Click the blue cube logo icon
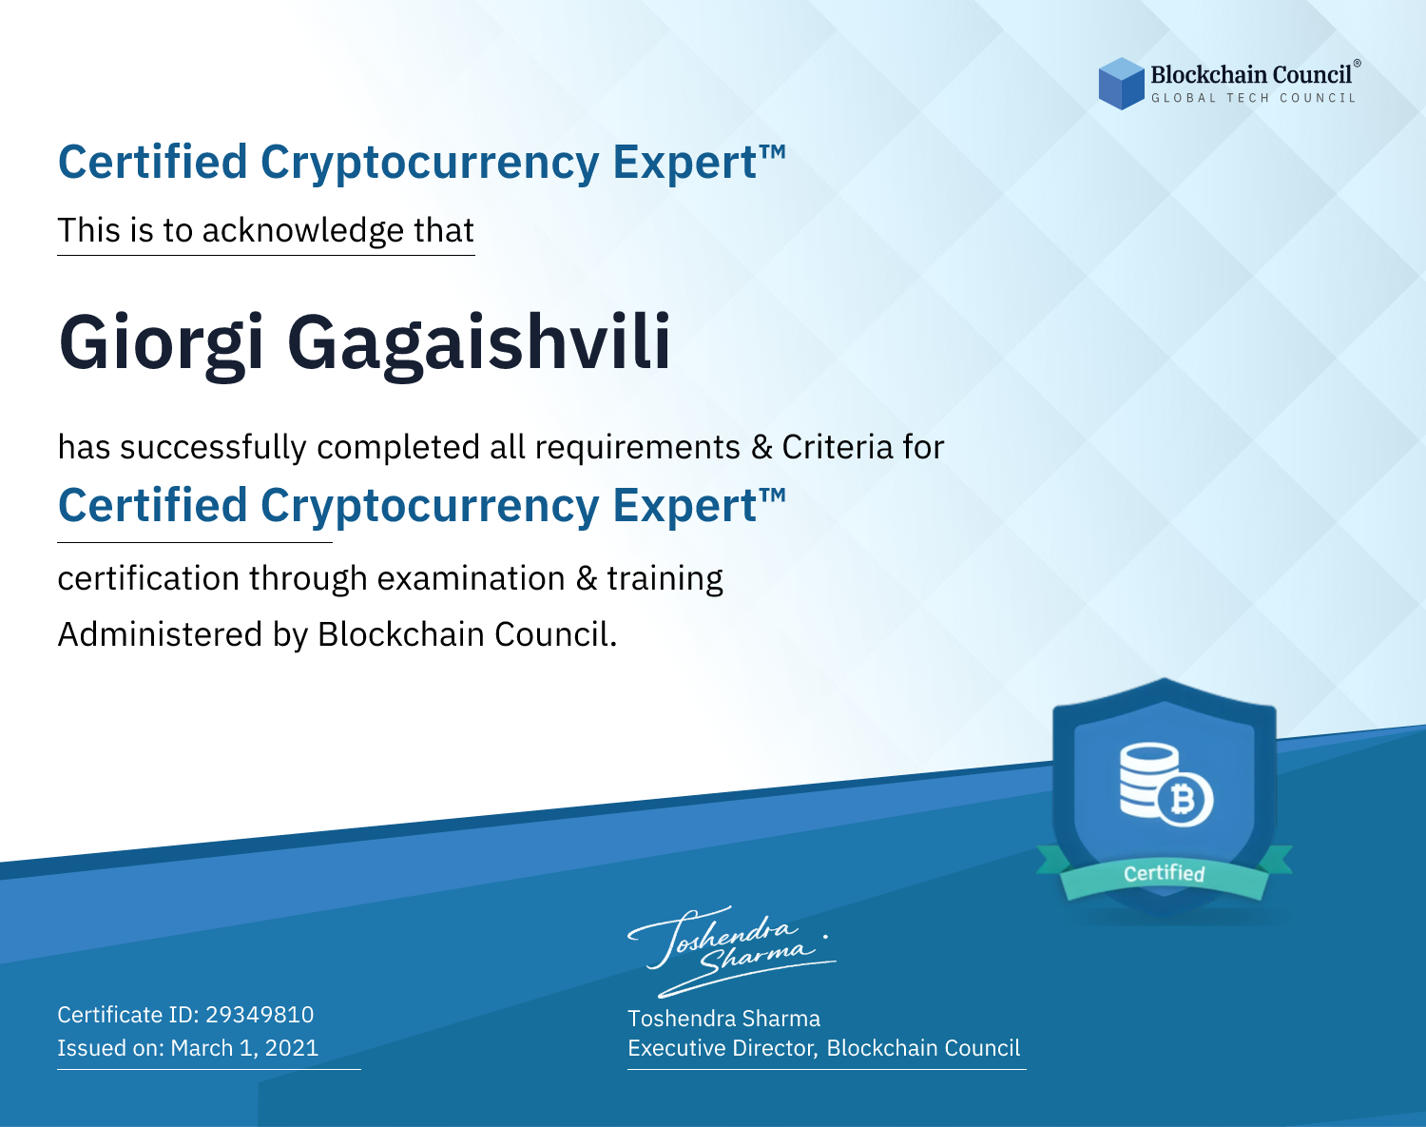pos(1121,84)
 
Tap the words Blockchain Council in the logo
pos(1251,74)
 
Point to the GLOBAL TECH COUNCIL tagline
pos(1254,98)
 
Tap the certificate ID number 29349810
pos(260,1014)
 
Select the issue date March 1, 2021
pos(244,1048)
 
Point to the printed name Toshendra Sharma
pos(723,1019)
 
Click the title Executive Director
pos(721,1048)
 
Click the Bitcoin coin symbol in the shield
pos(1185,800)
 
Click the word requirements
pos(638,448)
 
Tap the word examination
pos(472,579)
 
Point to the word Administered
pos(161,633)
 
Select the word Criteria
pos(837,447)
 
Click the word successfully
pos(213,448)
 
